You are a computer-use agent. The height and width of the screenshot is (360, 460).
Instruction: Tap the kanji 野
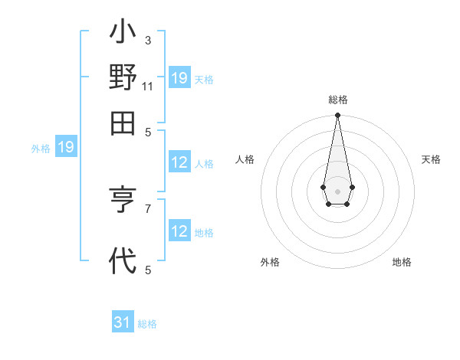[123, 79]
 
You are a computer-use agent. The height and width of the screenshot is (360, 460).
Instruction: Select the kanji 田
[123, 123]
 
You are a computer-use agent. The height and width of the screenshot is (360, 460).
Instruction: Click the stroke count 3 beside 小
[147, 40]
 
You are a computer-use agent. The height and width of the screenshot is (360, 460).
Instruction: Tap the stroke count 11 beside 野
[148, 86]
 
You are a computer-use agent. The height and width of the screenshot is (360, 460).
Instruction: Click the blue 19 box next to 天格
[179, 78]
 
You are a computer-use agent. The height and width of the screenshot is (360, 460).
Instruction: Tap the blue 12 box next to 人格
[179, 162]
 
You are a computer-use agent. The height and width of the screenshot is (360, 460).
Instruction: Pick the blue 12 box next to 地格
[179, 231]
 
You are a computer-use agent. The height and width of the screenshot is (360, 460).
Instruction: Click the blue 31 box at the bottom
[123, 322]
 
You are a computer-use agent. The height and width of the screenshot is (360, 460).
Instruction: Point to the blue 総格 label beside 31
[147, 324]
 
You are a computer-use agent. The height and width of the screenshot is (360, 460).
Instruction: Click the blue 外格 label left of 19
[41, 149]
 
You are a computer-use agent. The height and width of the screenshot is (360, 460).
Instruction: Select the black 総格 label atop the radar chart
[337, 100]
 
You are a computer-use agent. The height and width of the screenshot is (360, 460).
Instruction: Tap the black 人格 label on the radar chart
[245, 159]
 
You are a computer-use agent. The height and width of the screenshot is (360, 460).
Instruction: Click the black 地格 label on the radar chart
[402, 262]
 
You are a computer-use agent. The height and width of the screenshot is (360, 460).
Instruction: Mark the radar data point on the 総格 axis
[337, 116]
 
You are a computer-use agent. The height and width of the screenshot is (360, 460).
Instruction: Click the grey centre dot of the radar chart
[337, 190]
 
